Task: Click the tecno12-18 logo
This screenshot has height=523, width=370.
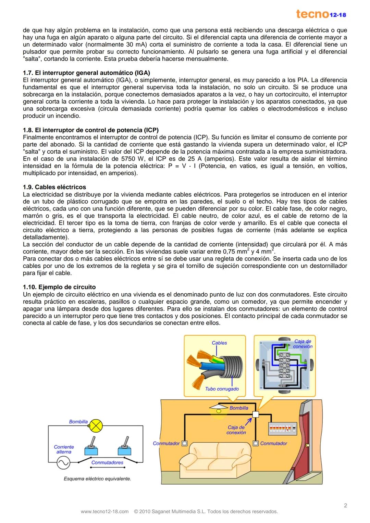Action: click(x=321, y=14)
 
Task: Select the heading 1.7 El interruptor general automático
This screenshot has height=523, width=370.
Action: click(x=86, y=73)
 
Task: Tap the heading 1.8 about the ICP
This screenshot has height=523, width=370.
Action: click(x=90, y=130)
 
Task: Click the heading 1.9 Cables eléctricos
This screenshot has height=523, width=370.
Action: click(x=54, y=187)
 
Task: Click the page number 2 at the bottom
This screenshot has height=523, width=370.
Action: click(x=345, y=506)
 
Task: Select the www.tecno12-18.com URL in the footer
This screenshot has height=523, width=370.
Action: click(x=104, y=512)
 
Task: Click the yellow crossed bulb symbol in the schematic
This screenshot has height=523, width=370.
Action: click(x=96, y=425)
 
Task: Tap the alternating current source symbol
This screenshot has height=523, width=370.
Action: click(x=63, y=463)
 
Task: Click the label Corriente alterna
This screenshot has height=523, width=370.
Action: click(x=64, y=449)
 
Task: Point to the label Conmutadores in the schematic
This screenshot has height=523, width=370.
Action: click(x=107, y=462)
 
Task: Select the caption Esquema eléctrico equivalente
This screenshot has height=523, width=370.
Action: click(x=97, y=479)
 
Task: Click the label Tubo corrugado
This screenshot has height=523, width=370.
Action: click(x=222, y=389)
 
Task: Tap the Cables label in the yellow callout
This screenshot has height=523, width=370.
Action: click(x=219, y=343)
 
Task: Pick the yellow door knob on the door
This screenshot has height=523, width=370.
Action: click(x=308, y=445)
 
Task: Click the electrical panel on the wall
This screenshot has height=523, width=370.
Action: click(x=282, y=428)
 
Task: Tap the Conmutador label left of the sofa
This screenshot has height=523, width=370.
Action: click(x=166, y=443)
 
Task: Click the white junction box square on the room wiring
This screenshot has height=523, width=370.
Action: click(x=255, y=414)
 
